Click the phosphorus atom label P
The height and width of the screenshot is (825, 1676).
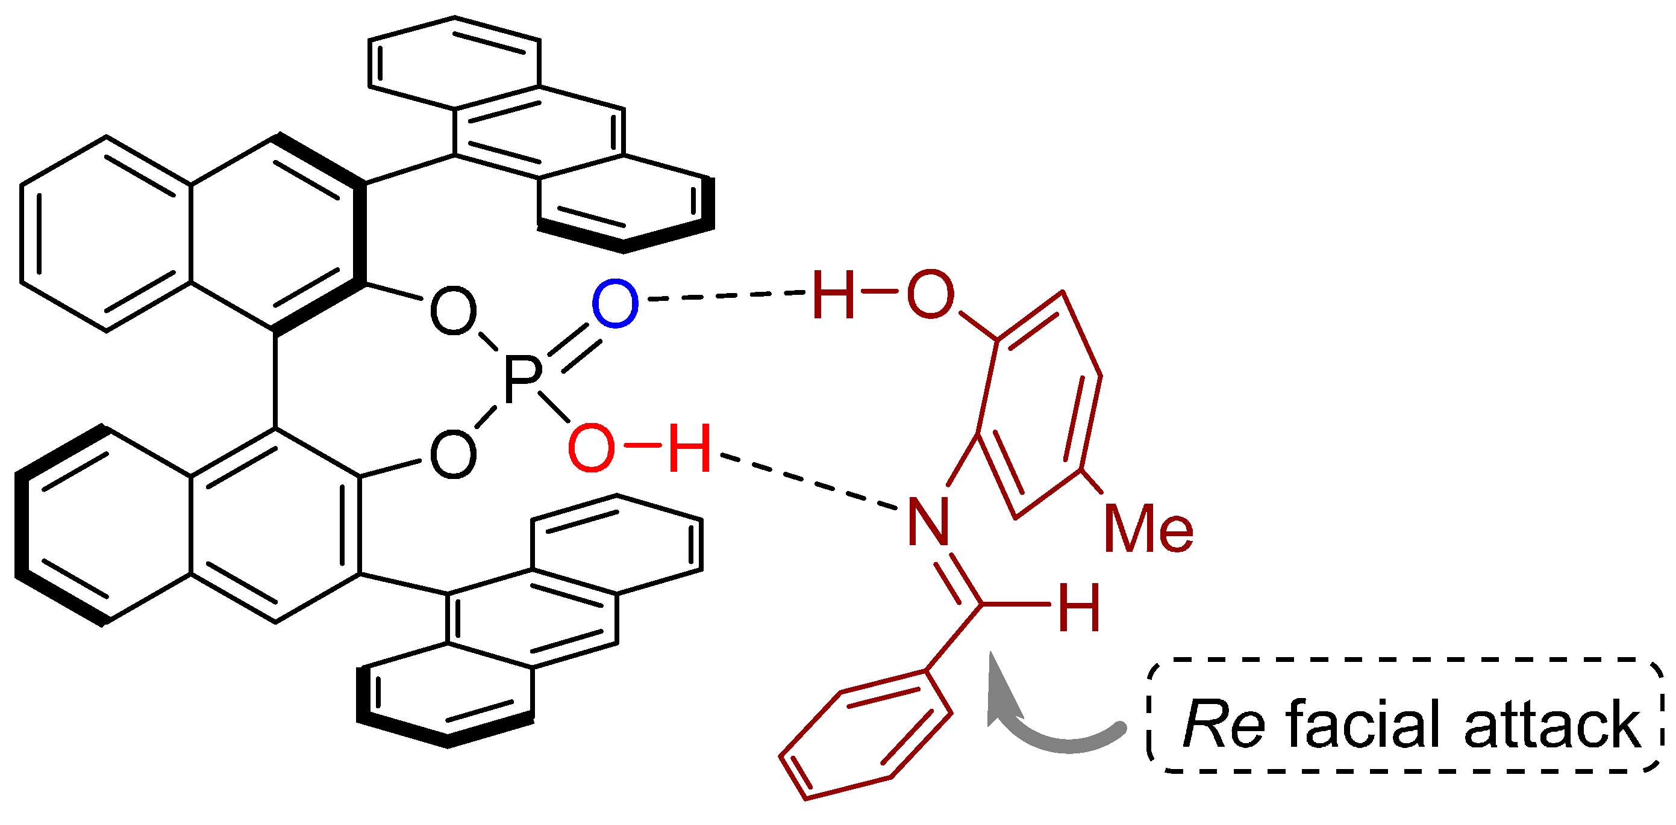[x=522, y=379]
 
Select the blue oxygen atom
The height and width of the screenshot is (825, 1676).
[x=615, y=304]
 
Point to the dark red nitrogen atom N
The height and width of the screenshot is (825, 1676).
[x=928, y=521]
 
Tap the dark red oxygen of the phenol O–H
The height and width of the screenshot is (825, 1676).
[x=930, y=294]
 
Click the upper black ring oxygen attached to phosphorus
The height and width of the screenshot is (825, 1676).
[x=454, y=311]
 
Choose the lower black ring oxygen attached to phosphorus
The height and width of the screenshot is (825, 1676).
[x=454, y=454]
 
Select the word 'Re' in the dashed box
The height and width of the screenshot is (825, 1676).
[x=1223, y=725]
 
